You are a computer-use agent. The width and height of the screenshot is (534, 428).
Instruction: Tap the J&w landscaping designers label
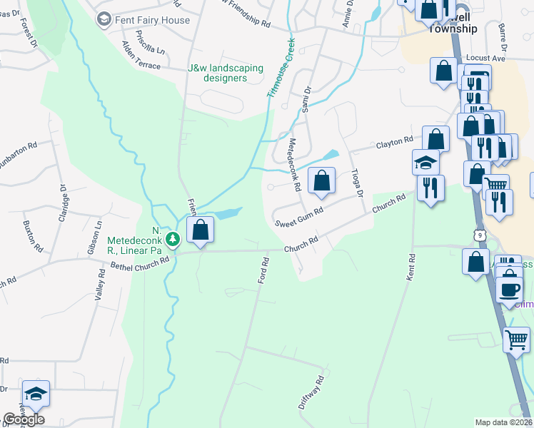[226, 73]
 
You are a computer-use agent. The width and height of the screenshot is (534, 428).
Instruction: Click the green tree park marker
[171, 238]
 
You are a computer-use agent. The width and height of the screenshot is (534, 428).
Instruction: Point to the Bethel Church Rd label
[140, 263]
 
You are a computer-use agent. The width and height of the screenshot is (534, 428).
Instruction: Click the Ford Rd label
[263, 271]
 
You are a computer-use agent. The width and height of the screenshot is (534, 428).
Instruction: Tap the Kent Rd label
[410, 266]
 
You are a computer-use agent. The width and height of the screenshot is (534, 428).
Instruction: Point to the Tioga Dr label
[358, 183]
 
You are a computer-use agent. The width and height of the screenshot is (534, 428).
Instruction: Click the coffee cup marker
[509, 289]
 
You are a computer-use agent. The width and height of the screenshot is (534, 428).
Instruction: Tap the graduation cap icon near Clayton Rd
[425, 162]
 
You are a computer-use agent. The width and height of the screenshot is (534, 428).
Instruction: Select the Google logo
[24, 419]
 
